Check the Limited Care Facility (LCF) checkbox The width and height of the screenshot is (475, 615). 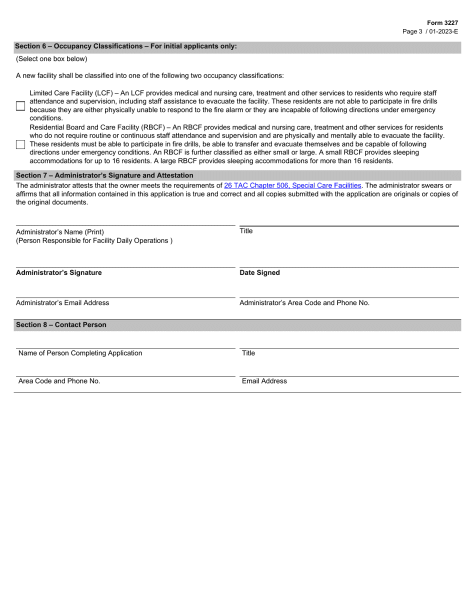pyautogui.click(x=20, y=105)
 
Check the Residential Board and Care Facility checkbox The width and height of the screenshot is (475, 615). pyautogui.click(x=20, y=144)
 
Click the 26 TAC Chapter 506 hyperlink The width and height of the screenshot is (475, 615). pyautogui.click(x=292, y=185)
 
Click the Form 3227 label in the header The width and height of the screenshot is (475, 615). pyautogui.click(x=442, y=23)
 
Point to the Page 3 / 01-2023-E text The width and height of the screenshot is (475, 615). pyautogui.click(x=430, y=31)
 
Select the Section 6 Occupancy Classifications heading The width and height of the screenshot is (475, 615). pyautogui.click(x=126, y=46)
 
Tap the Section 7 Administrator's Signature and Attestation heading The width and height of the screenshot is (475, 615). pyautogui.click(x=104, y=175)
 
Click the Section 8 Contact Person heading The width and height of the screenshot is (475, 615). pyautogui.click(x=61, y=325)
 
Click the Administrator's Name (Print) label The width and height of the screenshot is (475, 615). pyautogui.click(x=60, y=232)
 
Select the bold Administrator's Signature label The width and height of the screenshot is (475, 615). pyautogui.click(x=58, y=273)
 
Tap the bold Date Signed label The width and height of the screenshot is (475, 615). pyautogui.click(x=259, y=273)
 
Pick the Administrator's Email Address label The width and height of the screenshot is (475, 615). pyautogui.click(x=62, y=303)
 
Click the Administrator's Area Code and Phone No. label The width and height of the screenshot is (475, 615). pyautogui.click(x=304, y=303)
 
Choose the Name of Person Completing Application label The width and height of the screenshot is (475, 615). pyautogui.click(x=80, y=353)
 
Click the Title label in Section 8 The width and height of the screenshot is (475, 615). pyautogui.click(x=248, y=353)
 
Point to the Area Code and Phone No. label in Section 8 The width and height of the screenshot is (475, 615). pyautogui.click(x=59, y=381)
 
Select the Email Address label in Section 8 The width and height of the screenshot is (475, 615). pyautogui.click(x=264, y=381)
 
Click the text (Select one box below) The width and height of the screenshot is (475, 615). pyautogui.click(x=51, y=59)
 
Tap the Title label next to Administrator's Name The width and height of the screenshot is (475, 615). pyautogui.click(x=246, y=231)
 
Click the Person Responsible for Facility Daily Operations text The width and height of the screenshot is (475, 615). pyautogui.click(x=94, y=240)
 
